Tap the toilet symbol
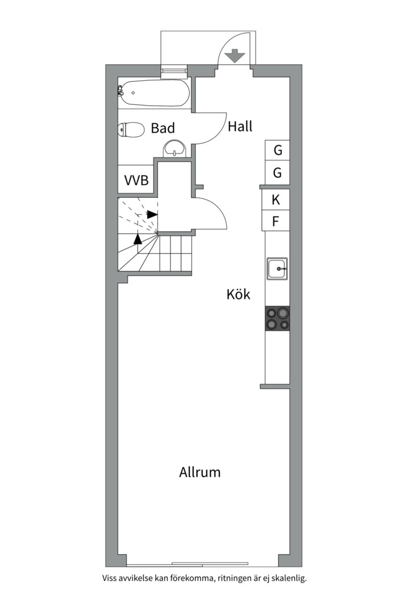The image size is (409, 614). point(131,130)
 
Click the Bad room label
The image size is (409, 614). point(162,128)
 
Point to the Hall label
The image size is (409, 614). point(240,127)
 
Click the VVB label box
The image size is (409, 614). point(136,181)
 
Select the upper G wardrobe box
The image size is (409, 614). point(278,151)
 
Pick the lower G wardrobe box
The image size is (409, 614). point(278,173)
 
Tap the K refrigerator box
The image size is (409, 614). point(276,200)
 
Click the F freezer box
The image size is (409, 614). point(276,221)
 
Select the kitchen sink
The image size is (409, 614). point(278,268)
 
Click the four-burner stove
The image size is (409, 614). point(277,318)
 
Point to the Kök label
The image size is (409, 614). point(238,294)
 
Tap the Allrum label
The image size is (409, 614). point(200,472)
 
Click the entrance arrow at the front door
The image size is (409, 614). point(235,56)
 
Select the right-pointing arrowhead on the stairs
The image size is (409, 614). point(152,214)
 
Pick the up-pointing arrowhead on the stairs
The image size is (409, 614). point(137,238)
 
